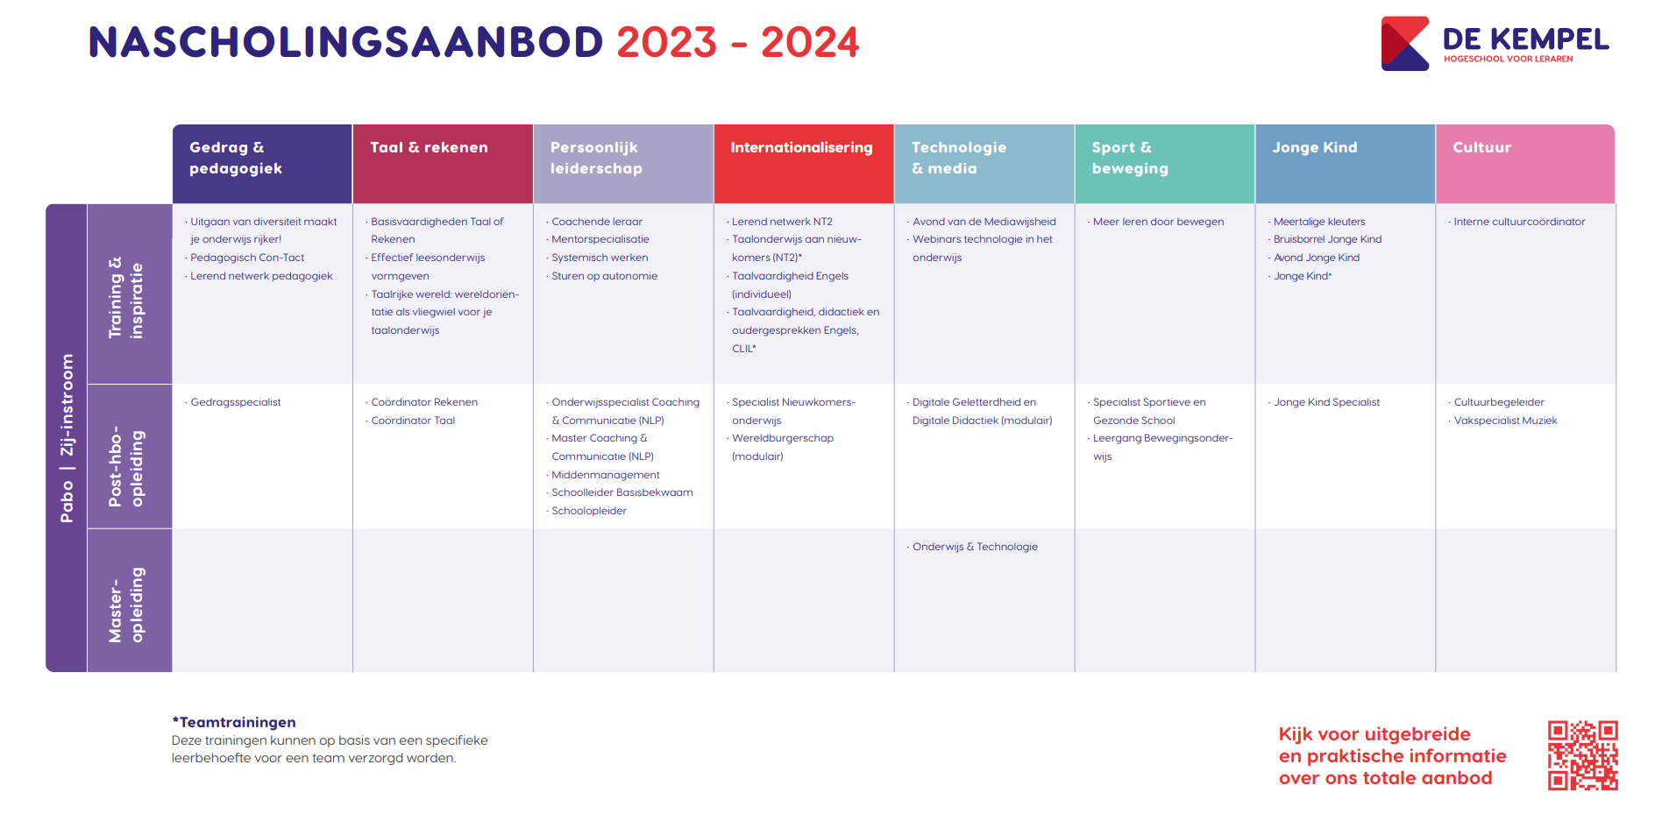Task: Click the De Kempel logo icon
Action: click(x=1405, y=43)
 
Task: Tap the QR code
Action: click(x=1582, y=755)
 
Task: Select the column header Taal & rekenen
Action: click(x=429, y=147)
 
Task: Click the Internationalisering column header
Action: click(x=801, y=147)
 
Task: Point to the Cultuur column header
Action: click(x=1481, y=147)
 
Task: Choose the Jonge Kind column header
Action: click(x=1315, y=147)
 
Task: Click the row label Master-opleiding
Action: click(x=126, y=605)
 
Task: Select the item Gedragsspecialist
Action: click(x=236, y=402)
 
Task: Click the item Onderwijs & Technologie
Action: click(x=975, y=547)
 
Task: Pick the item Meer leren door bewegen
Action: click(x=1158, y=222)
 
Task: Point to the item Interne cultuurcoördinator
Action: click(x=1519, y=222)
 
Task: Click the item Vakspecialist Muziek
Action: click(x=1505, y=421)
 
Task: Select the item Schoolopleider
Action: click(x=589, y=511)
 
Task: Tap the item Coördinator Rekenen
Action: click(x=424, y=402)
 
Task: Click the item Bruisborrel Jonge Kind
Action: click(x=1327, y=239)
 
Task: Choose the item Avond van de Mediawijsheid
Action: click(x=984, y=222)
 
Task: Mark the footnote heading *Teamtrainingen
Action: click(x=234, y=722)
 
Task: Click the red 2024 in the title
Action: click(x=810, y=42)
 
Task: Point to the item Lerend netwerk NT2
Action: click(x=782, y=222)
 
